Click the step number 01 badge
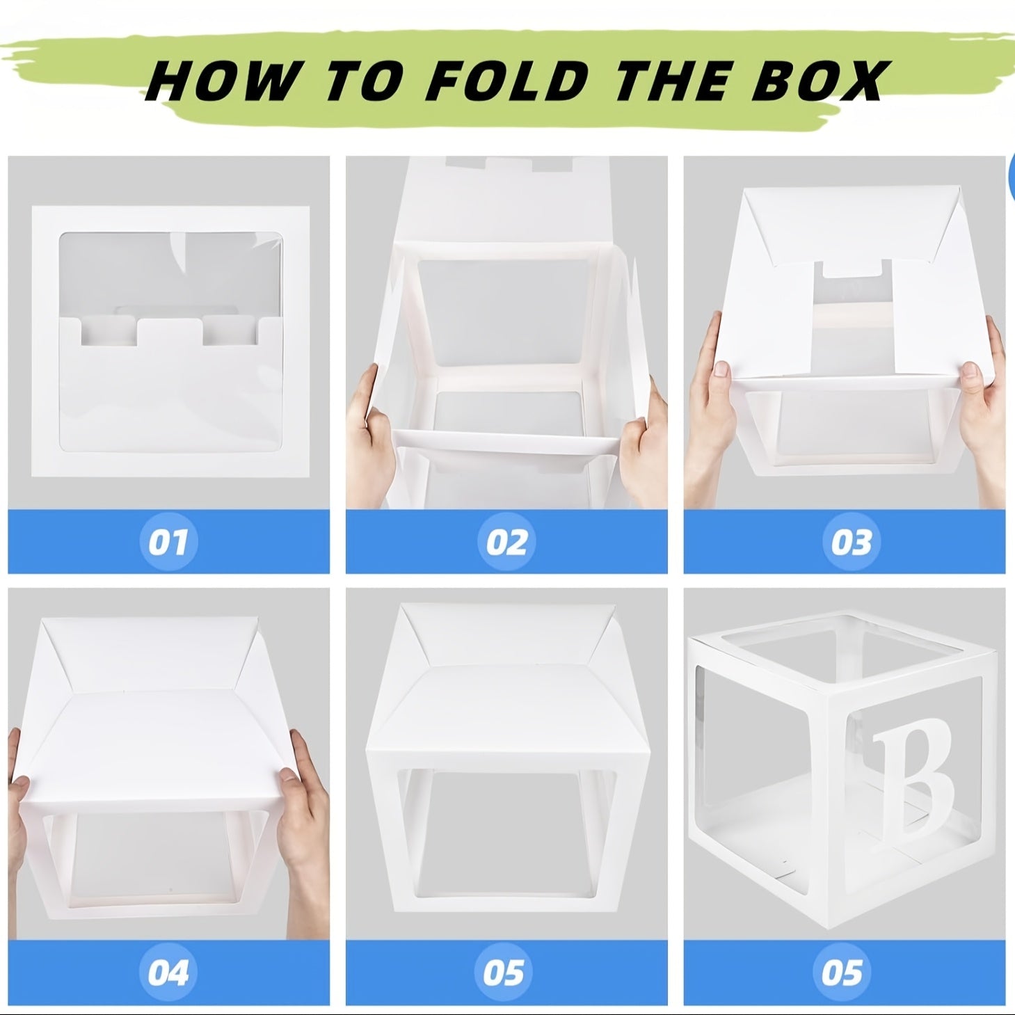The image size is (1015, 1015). tap(168, 541)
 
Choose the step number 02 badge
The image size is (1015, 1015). tap(506, 541)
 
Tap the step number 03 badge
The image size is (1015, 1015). tap(851, 541)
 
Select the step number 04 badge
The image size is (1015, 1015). tap(168, 972)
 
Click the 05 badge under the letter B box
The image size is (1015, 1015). tap(841, 972)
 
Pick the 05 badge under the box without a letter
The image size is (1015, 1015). tap(503, 972)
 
